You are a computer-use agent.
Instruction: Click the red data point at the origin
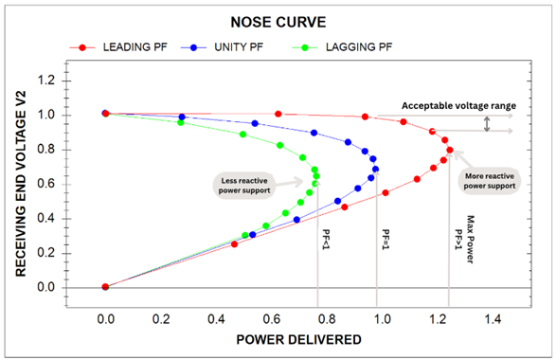pyautogui.click(x=106, y=287)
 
